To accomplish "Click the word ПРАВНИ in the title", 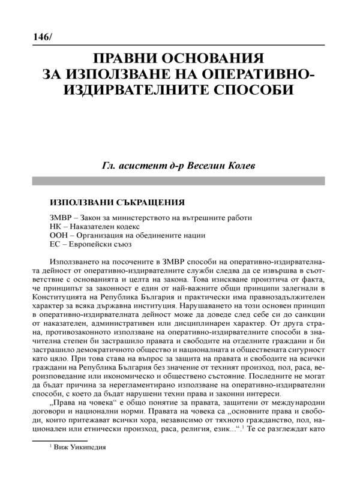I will [x=125, y=61].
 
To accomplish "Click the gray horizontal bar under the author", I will [x=179, y=179].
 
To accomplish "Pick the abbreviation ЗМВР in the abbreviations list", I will [x=59, y=217].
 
